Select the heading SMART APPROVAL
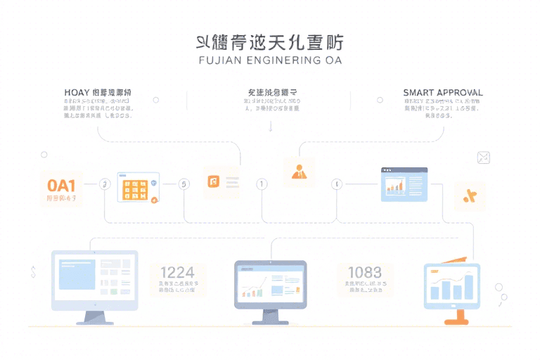443,93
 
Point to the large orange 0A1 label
61,186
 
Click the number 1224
177,272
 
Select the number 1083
365,272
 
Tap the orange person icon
299,171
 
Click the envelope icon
483,157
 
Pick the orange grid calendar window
138,188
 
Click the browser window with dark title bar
404,184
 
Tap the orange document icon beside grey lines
214,182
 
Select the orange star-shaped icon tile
470,196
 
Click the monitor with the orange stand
451,287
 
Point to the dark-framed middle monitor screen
271,285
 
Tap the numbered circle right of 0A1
105,184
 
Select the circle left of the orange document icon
184,184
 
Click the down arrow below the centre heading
271,127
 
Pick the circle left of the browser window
337,184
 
